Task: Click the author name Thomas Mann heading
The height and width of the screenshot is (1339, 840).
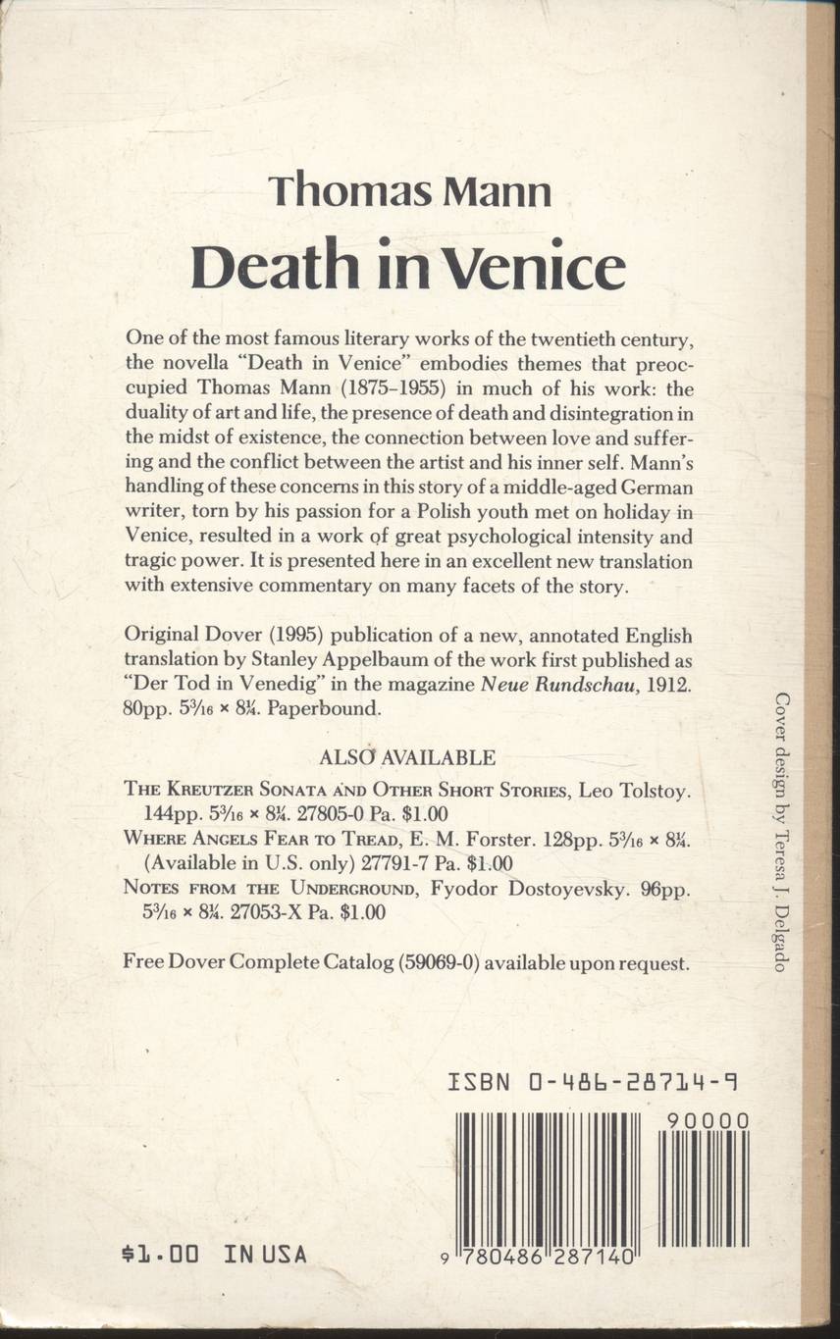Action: point(409,189)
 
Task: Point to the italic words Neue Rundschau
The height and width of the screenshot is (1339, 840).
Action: point(562,686)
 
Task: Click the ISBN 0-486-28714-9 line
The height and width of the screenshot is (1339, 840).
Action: point(592,1083)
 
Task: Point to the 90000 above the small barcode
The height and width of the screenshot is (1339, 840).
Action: point(706,1121)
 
